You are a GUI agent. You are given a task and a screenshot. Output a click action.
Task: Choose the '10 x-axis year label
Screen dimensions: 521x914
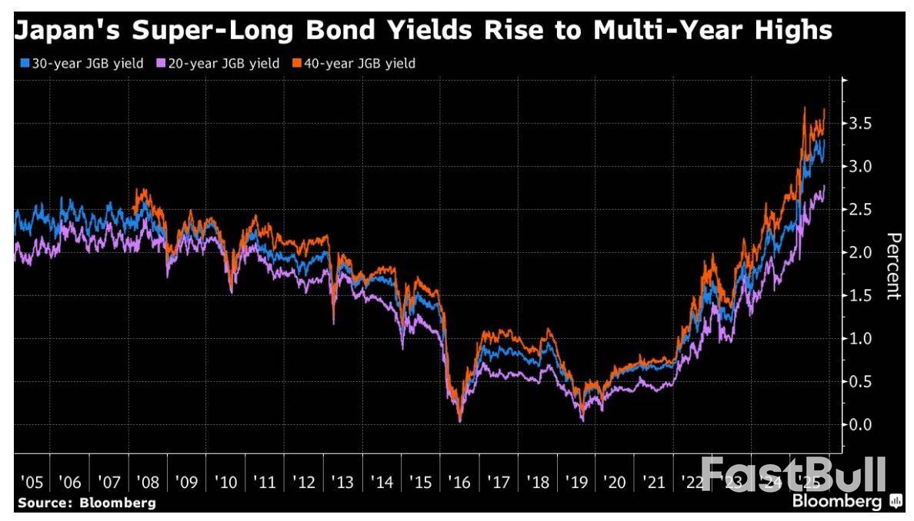(226, 483)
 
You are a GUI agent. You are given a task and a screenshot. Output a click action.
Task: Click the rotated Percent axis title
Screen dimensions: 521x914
(893, 265)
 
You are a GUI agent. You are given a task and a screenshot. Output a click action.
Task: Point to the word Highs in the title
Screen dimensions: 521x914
(796, 31)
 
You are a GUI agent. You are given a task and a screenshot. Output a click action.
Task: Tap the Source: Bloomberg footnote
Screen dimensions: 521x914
(86, 503)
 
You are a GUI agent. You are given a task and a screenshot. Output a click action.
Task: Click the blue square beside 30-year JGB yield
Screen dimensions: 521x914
(23, 64)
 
